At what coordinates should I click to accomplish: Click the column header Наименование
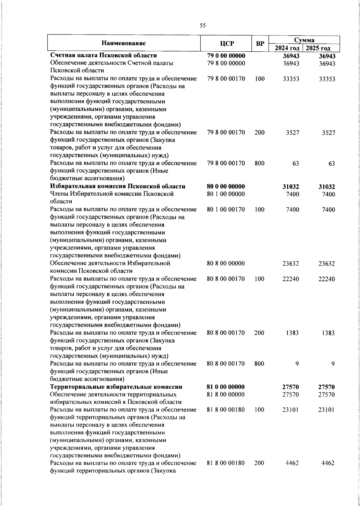point(124,43)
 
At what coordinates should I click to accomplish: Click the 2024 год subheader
point(287,48)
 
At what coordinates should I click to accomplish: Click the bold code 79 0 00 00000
point(226,56)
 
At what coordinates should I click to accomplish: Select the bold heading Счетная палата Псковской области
point(103,56)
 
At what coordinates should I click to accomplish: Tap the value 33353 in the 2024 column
point(291,79)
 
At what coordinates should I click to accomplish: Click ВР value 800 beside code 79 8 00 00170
point(259,164)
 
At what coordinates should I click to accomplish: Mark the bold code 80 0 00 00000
point(226,186)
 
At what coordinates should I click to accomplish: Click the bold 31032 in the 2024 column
point(291,187)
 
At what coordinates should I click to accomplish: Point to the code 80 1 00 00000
point(226,194)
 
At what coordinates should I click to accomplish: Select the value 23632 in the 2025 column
point(327,264)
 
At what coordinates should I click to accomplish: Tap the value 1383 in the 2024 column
point(292,333)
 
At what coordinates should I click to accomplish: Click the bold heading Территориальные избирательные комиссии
point(116,387)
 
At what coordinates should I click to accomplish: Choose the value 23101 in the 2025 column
point(327,410)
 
